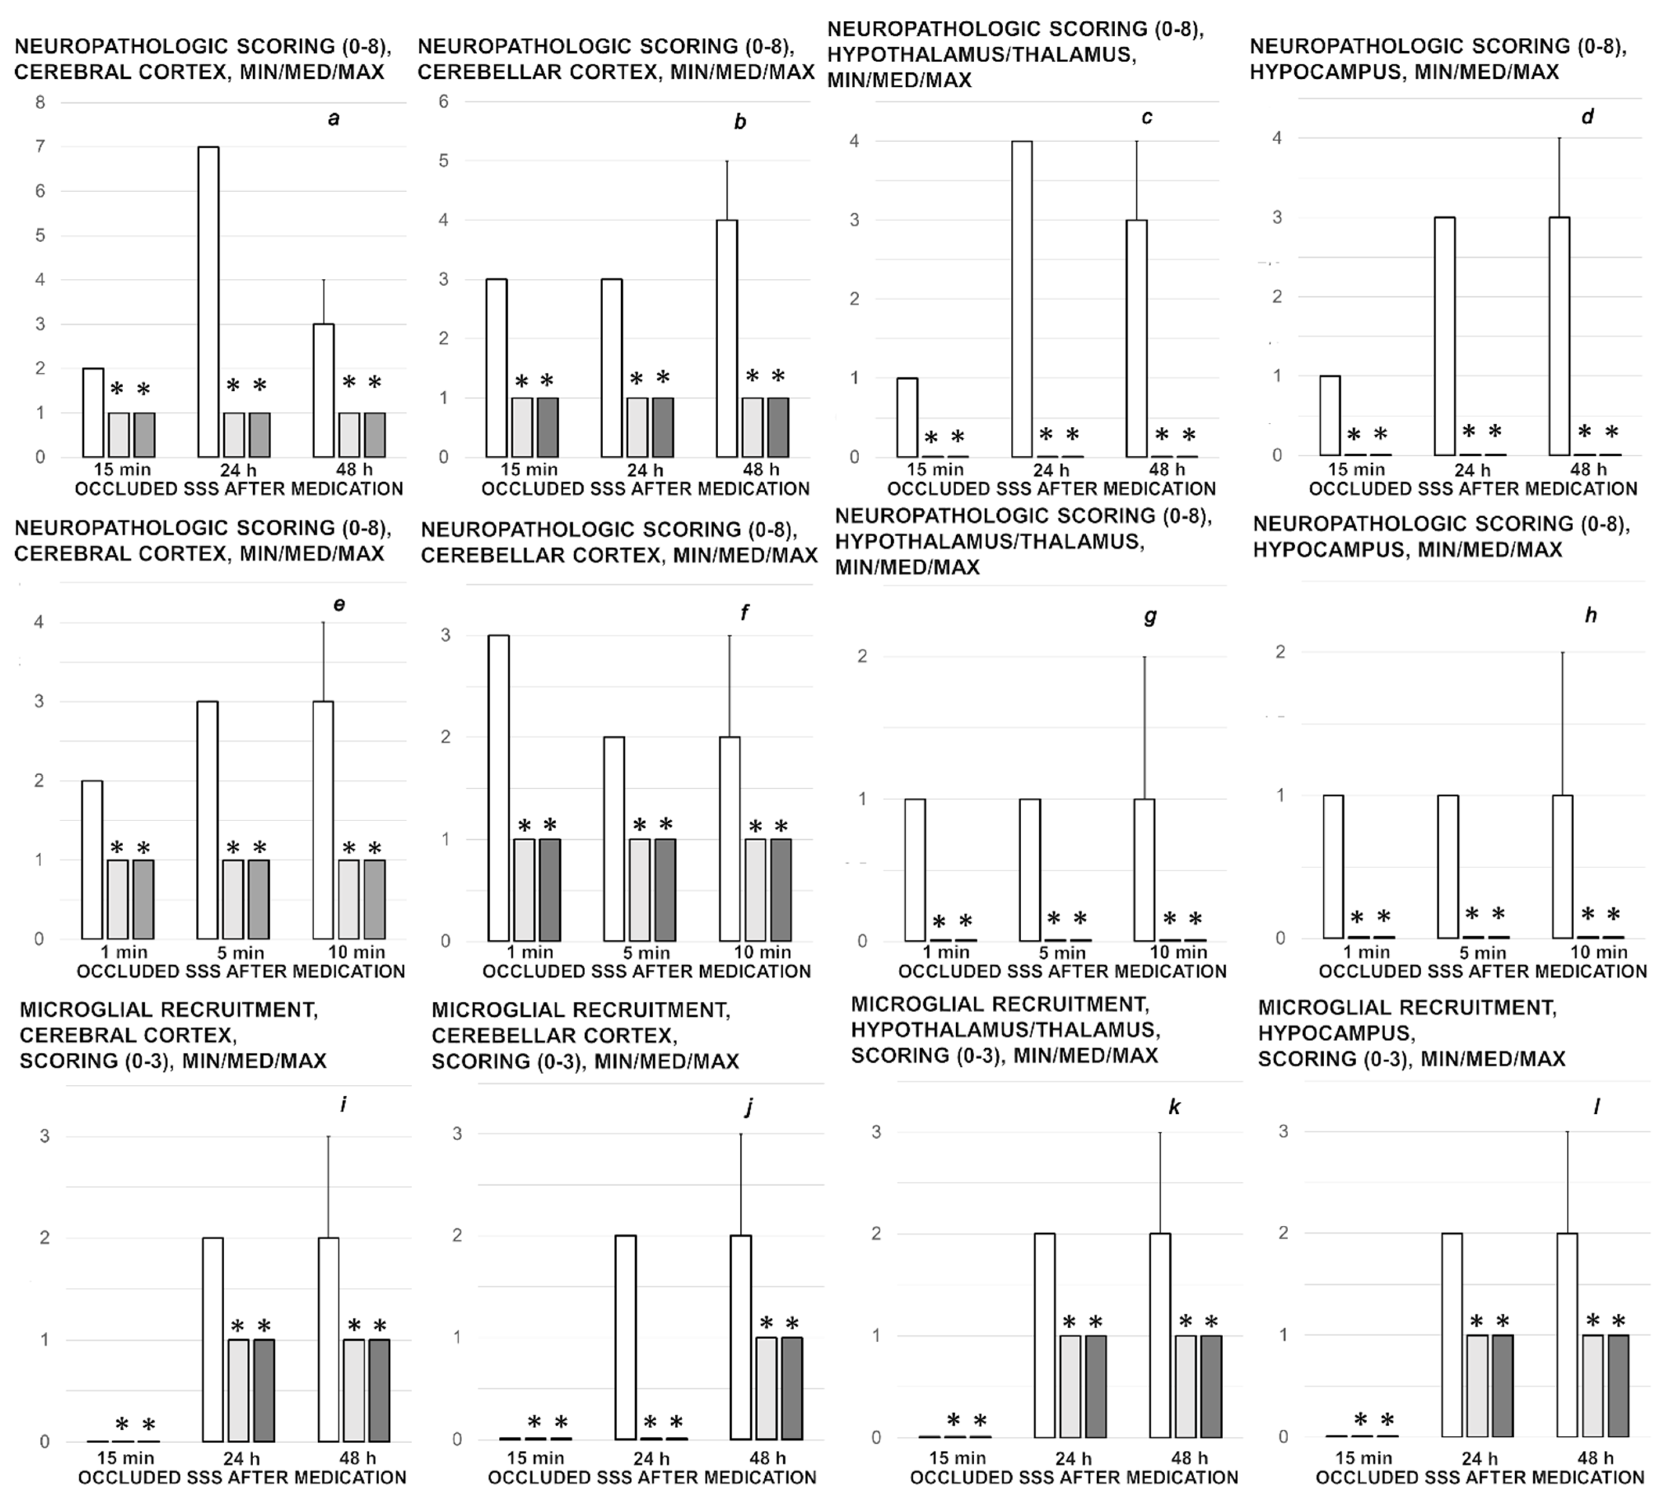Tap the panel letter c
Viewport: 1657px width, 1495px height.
click(x=1147, y=117)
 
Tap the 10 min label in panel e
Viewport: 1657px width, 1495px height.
click(x=357, y=952)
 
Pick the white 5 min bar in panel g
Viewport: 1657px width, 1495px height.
click(x=1030, y=869)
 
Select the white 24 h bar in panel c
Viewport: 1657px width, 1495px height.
click(x=1022, y=299)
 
